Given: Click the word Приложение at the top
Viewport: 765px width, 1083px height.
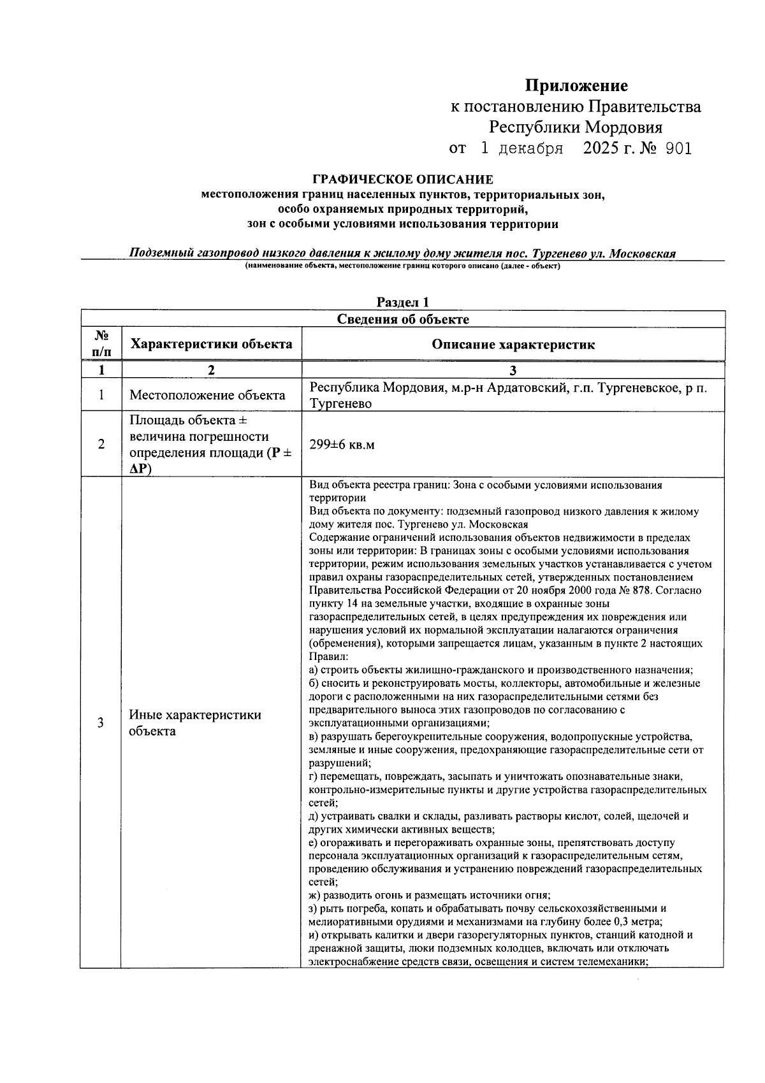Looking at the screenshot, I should coord(576,85).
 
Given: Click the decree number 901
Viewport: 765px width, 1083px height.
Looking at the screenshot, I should coord(678,148).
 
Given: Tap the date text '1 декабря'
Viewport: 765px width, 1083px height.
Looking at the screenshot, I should coord(521,148).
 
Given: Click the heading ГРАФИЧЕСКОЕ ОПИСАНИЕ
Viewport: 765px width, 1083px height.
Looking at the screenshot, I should coord(402,180).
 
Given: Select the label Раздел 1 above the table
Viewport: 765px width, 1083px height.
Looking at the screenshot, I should coord(402,302).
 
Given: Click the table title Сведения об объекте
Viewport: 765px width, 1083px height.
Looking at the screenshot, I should coord(402,319).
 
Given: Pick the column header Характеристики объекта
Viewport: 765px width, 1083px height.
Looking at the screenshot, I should coord(211,344).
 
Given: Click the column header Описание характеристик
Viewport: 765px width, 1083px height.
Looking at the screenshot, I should coord(513,344).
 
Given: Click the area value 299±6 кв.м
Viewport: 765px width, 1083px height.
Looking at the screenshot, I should coord(342,444).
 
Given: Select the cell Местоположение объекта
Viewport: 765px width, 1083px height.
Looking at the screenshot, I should coord(207,395).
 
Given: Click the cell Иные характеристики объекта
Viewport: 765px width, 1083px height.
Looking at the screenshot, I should coord(194,722).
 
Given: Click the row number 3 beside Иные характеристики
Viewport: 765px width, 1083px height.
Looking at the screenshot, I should coord(101,722).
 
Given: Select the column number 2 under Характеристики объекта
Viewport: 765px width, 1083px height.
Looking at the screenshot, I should coord(211,370).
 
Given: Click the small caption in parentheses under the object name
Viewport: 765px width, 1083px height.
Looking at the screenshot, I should coord(402,266).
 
